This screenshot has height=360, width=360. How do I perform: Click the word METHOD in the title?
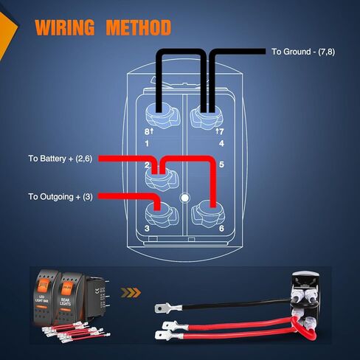point(138,29)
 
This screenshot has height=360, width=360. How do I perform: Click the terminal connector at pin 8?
point(159,113)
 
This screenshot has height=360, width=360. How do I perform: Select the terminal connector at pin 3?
point(159,213)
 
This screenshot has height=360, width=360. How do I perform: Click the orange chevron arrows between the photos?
point(131,293)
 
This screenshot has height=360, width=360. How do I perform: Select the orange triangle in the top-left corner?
point(6,33)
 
